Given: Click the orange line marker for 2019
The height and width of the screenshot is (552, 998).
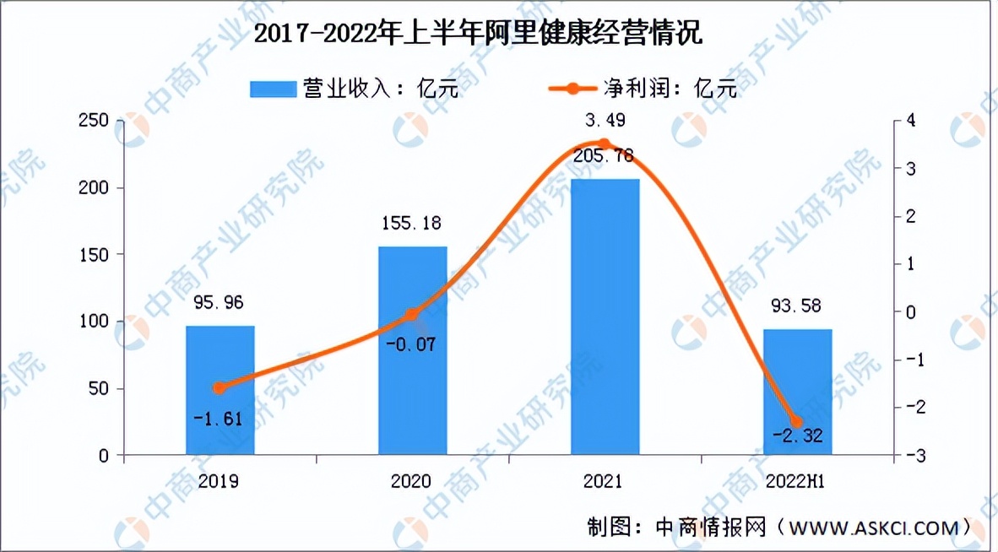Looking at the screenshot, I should (x=220, y=387).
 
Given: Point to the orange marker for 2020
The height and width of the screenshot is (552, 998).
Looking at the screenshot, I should (x=412, y=315).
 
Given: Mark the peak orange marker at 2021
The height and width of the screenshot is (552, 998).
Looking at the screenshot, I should (x=605, y=143).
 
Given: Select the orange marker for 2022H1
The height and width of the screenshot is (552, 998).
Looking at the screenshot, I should (x=796, y=421).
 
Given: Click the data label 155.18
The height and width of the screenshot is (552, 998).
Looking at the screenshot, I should (x=411, y=224).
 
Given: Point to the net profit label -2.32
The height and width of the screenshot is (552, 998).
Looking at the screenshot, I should (x=796, y=436).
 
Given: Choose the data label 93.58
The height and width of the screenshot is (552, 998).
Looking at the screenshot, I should (x=797, y=305).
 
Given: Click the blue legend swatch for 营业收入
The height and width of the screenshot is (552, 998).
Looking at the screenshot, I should (x=273, y=89).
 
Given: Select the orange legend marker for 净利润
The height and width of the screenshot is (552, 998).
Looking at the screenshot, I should (x=572, y=89).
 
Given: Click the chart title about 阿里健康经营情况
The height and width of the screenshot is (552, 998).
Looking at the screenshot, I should (x=478, y=35).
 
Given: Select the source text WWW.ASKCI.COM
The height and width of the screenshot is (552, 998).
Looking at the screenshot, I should (x=872, y=528).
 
